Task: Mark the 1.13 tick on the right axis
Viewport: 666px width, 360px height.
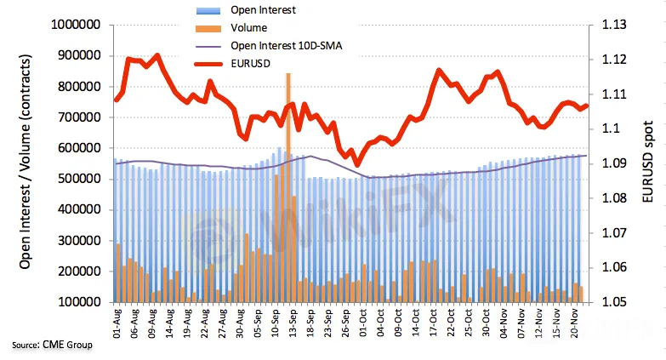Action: point(614,26)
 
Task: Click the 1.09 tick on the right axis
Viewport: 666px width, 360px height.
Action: point(614,163)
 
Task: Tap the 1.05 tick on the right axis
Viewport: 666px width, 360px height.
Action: point(614,302)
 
